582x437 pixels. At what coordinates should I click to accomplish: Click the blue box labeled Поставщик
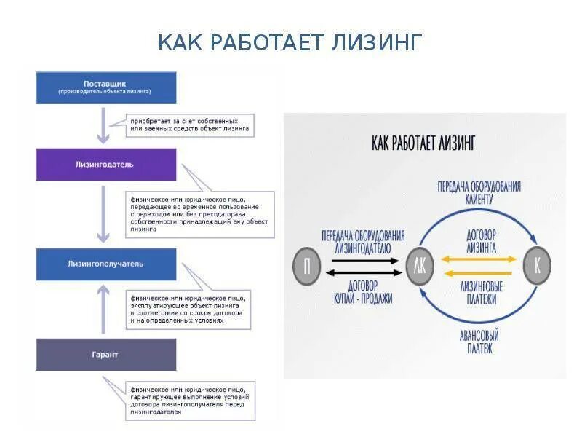coord(106,87)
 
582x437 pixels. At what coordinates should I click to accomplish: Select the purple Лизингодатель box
coord(106,165)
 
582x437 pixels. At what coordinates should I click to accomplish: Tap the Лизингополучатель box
coord(106,264)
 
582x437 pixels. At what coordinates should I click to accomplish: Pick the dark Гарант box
coord(106,355)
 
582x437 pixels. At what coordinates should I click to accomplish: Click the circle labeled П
coord(307,265)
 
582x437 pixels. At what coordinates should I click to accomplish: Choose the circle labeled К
coord(536,265)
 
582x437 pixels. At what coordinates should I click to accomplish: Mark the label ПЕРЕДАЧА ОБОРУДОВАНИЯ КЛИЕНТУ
coord(479,192)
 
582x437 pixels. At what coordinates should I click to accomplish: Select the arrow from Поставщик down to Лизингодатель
coord(103,125)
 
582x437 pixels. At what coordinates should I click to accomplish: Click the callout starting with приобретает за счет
coord(190,124)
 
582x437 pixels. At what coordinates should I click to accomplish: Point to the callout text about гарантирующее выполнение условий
coord(190,400)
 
